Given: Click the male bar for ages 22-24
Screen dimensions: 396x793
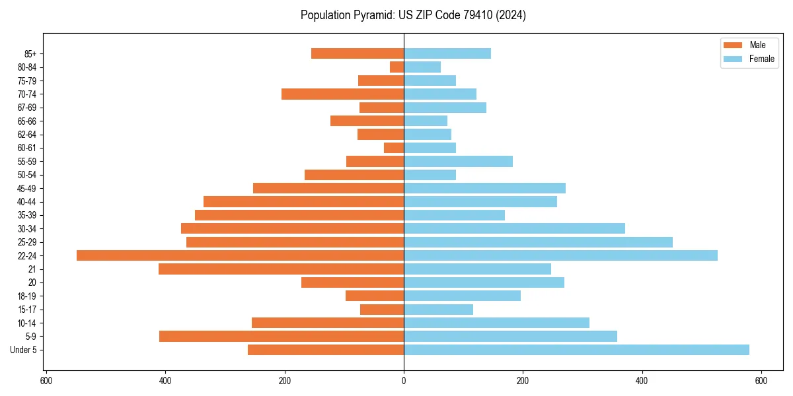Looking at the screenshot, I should (x=240, y=255).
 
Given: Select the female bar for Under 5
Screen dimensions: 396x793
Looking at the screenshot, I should (x=576, y=350).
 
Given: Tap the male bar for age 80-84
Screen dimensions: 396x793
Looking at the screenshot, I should (x=397, y=67).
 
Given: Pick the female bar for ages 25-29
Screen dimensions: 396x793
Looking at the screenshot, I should (x=538, y=242).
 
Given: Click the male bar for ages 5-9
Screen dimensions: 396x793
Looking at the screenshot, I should (x=282, y=336).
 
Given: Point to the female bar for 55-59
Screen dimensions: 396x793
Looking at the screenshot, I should (x=458, y=161).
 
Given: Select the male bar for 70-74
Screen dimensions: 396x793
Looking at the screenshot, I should (x=342, y=94).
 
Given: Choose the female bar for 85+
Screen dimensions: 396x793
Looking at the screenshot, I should (x=447, y=53).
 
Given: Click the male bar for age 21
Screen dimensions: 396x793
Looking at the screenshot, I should (x=281, y=269).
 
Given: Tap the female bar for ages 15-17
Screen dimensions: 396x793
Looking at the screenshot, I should (x=438, y=309).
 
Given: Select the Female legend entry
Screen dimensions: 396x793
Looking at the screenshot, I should (x=749, y=59).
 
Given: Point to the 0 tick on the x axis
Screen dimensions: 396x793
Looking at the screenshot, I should (x=404, y=381).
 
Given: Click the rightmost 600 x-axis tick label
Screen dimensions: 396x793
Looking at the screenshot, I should (x=761, y=381).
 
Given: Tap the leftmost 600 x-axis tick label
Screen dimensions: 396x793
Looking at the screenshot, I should (x=46, y=381).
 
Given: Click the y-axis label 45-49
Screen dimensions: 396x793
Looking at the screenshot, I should (x=26, y=188).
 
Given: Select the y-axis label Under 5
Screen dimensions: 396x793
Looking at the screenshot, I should (x=23, y=350).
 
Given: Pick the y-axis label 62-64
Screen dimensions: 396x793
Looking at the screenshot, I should (x=26, y=134).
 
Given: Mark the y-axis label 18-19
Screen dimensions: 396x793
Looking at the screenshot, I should (x=26, y=296).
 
